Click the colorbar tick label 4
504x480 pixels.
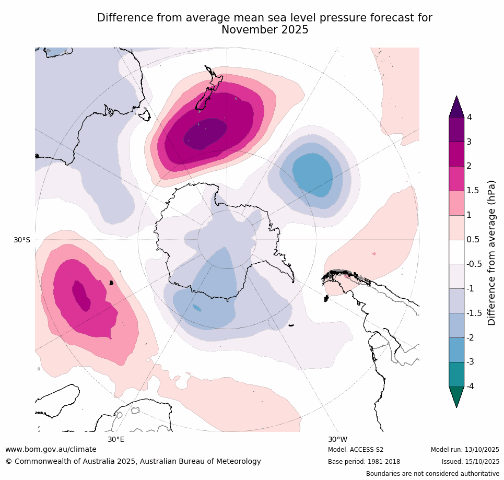pyautogui.click(x=469, y=117)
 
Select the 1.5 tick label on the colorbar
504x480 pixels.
pyautogui.click(x=473, y=191)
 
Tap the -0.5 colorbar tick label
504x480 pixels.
pyautogui.click(x=474, y=264)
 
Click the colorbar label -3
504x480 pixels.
pyautogui.click(x=471, y=361)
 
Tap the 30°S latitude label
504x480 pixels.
pyautogui.click(x=22, y=240)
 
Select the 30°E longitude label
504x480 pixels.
pyautogui.click(x=116, y=439)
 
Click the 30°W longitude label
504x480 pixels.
pyautogui.click(x=338, y=439)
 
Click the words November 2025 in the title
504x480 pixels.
pyautogui.click(x=265, y=30)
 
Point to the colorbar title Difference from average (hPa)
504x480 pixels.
pyautogui.click(x=491, y=253)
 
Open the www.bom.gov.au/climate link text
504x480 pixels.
pyautogui.click(x=51, y=449)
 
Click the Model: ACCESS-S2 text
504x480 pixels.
pyautogui.click(x=356, y=450)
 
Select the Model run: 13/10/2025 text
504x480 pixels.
pyautogui.click(x=465, y=450)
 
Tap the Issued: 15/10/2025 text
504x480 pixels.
pyautogui.click(x=471, y=462)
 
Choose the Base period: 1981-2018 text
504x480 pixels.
pyautogui.click(x=364, y=462)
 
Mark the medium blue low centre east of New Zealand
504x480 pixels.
pyautogui.click(x=312, y=174)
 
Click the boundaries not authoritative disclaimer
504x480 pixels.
pyautogui.click(x=432, y=474)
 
